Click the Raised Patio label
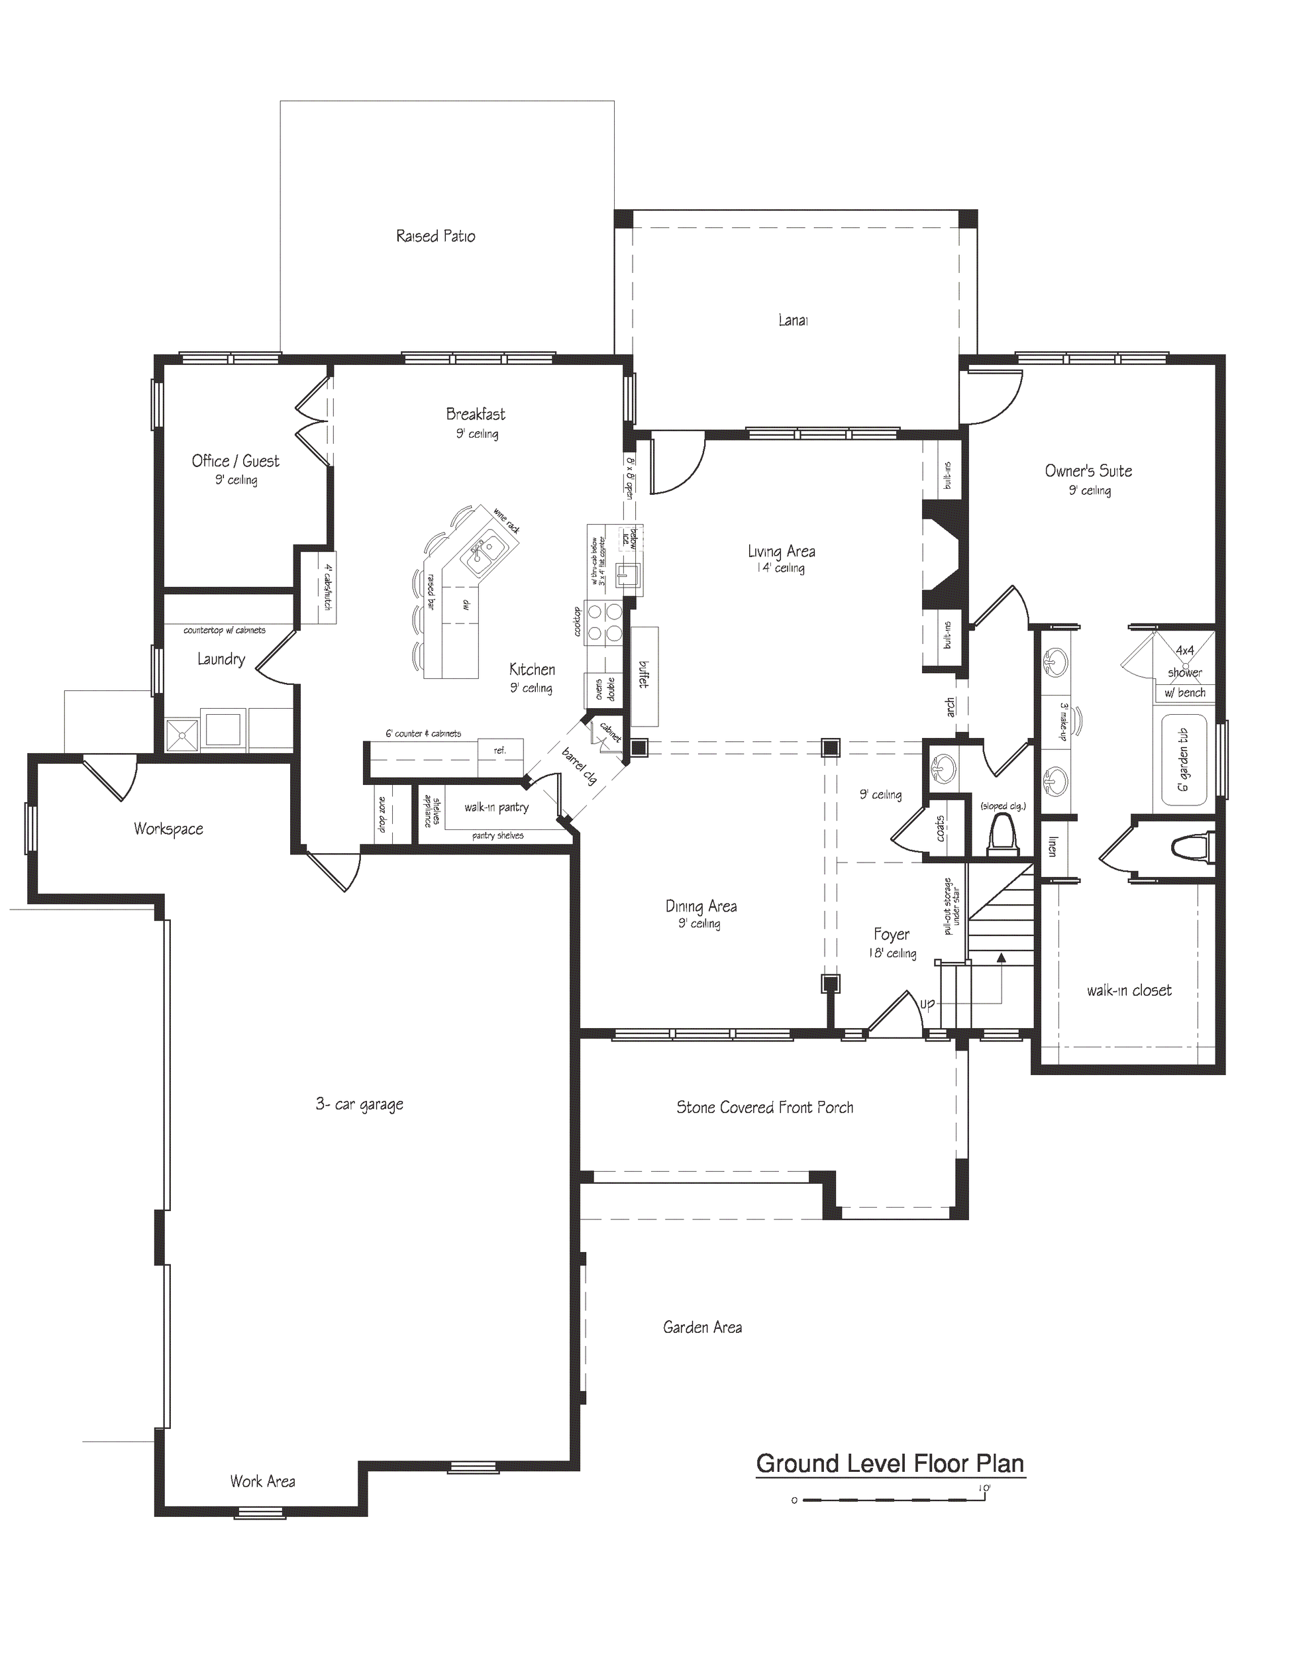[435, 236]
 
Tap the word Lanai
[793, 321]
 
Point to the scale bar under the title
[890, 1500]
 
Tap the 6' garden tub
[1183, 759]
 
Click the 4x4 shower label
[1184, 661]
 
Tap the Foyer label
[891, 934]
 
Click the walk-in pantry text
[496, 808]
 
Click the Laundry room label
[221, 659]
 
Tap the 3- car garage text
[359, 1104]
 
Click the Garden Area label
[701, 1328]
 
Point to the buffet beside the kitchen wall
[644, 676]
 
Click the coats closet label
[940, 828]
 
